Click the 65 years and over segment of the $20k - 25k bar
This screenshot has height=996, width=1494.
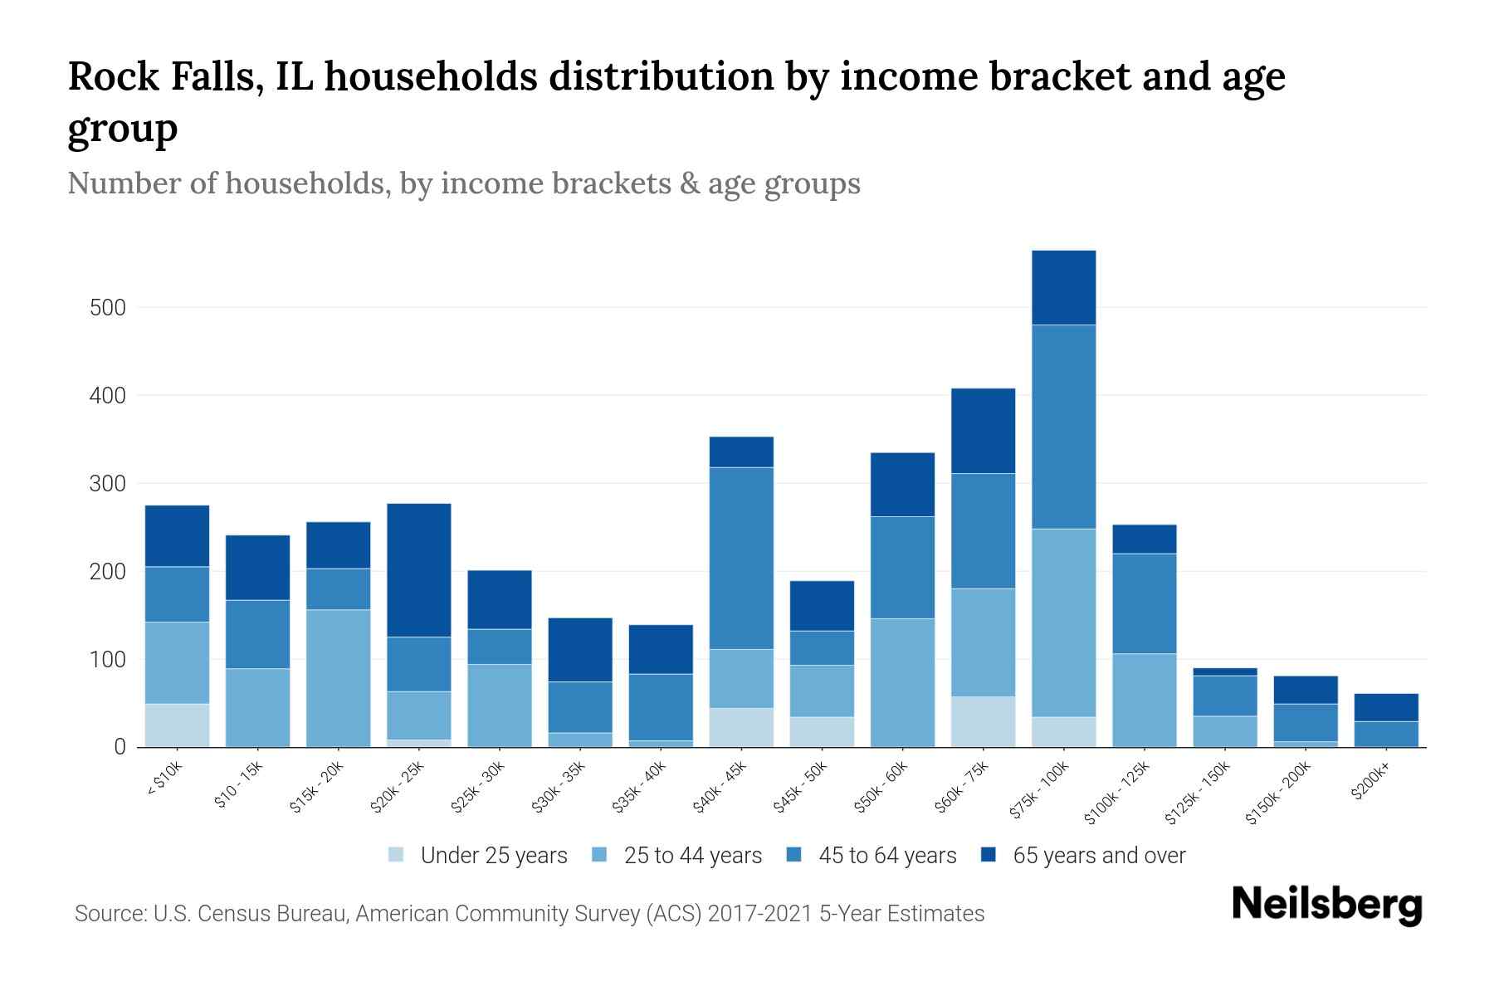[x=419, y=570]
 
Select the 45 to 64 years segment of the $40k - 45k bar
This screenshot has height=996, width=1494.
[x=741, y=558]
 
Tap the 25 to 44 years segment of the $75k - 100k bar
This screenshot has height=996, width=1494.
[x=1064, y=622]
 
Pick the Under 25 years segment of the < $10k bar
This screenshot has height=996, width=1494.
[x=177, y=725]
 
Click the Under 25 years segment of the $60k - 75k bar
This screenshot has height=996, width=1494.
[x=984, y=721]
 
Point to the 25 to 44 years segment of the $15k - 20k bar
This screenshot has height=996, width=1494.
[x=339, y=678]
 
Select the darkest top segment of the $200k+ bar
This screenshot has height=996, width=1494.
[x=1386, y=707]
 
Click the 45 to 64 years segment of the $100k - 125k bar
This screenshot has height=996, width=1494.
[x=1145, y=603]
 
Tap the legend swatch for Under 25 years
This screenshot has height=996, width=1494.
[x=397, y=855]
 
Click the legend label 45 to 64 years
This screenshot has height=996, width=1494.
[x=886, y=856]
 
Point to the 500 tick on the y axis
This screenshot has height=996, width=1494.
[x=108, y=308]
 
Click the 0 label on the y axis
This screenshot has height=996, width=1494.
[x=120, y=747]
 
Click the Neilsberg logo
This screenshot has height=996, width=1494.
[x=1326, y=905]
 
